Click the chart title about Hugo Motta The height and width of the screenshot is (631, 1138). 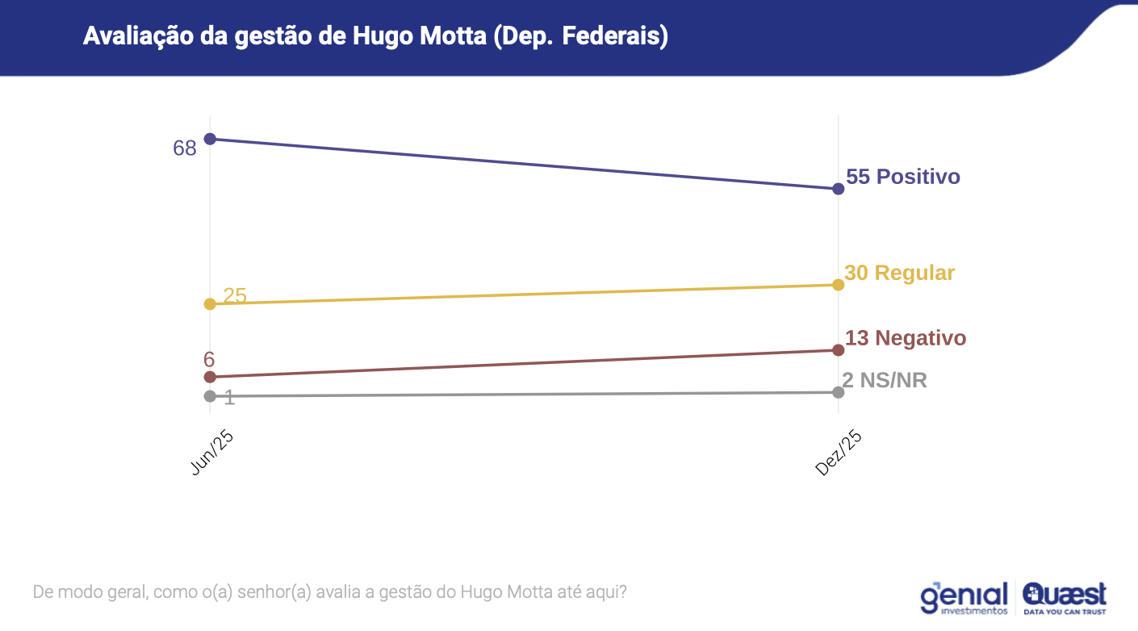pos(375,36)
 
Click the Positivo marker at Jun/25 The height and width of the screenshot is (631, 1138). pos(211,139)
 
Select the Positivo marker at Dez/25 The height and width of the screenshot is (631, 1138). pos(838,189)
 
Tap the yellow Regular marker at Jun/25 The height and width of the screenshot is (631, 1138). pos(211,304)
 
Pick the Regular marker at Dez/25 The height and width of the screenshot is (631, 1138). pos(838,285)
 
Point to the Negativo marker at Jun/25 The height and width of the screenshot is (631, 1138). pos(211,377)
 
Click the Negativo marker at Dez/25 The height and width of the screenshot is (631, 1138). pos(838,350)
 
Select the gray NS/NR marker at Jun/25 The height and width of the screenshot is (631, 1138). pos(211,396)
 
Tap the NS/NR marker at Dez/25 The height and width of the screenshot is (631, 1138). pos(838,392)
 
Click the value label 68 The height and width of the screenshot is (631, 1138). pos(185,148)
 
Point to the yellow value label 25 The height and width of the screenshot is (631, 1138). pos(235,296)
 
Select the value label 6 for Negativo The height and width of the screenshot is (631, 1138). pos(209,360)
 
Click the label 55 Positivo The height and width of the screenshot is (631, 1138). pos(903,177)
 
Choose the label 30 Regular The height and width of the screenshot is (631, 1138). pos(899,273)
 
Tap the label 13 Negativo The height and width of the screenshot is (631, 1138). pos(905,338)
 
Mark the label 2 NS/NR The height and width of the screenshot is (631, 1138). pos(885,381)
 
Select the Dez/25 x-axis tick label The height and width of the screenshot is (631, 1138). pos(839,453)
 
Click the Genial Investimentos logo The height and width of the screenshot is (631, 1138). pos(964,598)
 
